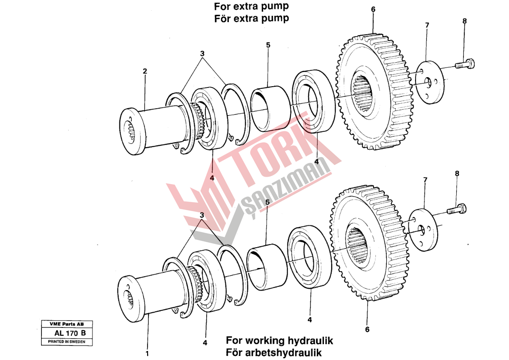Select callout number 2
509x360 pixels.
pyautogui.click(x=145, y=71)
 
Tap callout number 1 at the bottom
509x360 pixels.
pyautogui.click(x=147, y=353)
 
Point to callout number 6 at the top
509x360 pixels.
pyautogui.click(x=373, y=9)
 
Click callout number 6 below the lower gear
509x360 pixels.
pyautogui.click(x=367, y=329)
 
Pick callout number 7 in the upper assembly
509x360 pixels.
pyautogui.click(x=427, y=25)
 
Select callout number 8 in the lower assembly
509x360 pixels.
pyautogui.click(x=457, y=173)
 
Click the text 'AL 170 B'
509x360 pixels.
pyautogui.click(x=70, y=333)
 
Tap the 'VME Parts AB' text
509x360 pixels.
pyautogui.click(x=66, y=324)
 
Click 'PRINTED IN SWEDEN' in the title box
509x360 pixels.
pyautogui.click(x=66, y=342)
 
